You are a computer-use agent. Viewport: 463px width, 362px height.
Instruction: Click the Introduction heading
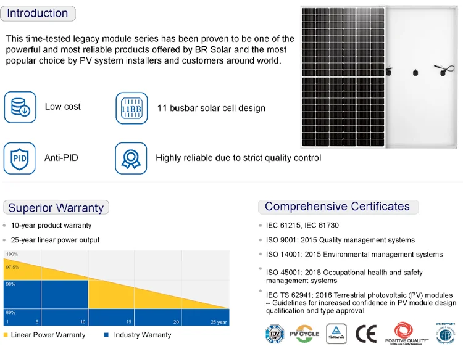pyautogui.click(x=38, y=14)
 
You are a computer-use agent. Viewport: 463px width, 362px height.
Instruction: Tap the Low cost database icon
pyautogui.click(x=20, y=107)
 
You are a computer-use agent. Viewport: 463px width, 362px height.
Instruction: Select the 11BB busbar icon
pyautogui.click(x=131, y=108)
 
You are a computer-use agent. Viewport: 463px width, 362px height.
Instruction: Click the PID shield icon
pyautogui.click(x=20, y=158)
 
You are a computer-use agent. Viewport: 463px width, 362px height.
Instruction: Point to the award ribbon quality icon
pyautogui.click(x=131, y=158)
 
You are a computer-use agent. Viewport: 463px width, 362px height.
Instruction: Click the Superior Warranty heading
pyautogui.click(x=56, y=208)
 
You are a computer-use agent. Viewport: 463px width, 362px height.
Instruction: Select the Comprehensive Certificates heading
pyautogui.click(x=337, y=207)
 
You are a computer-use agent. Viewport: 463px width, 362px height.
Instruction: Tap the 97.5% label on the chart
pyautogui.click(x=12, y=267)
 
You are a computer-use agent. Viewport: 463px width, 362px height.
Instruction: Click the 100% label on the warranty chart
pyautogui.click(x=12, y=254)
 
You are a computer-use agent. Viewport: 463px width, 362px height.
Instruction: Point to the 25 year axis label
pyautogui.click(x=219, y=322)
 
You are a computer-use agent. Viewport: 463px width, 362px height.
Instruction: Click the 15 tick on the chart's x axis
pyautogui.click(x=129, y=322)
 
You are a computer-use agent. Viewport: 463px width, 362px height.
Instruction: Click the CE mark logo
pyautogui.click(x=365, y=334)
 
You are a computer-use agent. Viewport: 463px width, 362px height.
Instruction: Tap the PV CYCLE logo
pyautogui.click(x=304, y=334)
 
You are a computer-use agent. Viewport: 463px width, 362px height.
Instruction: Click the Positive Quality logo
pyautogui.click(x=406, y=333)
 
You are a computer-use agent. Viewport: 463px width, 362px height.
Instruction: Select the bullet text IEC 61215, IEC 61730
pyautogui.click(x=302, y=226)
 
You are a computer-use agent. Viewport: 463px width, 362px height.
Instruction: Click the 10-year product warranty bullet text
pyautogui.click(x=51, y=226)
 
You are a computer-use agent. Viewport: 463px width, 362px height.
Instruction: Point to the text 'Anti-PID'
pyautogui.click(x=61, y=158)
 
